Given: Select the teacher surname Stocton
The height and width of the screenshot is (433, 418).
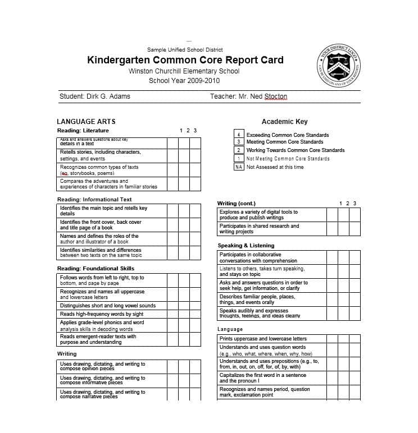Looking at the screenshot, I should [x=275, y=96].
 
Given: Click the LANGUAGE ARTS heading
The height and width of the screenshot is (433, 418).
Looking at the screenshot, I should [x=86, y=121].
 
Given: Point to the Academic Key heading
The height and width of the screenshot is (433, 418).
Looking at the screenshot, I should [x=284, y=121].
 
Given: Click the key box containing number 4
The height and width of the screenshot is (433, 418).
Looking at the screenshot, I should [x=239, y=135].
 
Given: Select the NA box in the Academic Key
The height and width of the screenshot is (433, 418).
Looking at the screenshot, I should [x=239, y=167].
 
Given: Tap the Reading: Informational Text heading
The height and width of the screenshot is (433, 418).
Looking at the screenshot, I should [x=94, y=199].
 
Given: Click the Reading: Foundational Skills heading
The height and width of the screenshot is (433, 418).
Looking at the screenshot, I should [x=96, y=269].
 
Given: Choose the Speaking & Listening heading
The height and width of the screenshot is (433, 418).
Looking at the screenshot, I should [x=246, y=246].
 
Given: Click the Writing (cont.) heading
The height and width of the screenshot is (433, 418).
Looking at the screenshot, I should [x=236, y=203].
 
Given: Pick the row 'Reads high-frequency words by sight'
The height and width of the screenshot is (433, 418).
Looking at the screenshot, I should [x=102, y=314].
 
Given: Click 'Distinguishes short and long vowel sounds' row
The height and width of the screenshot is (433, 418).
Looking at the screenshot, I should [x=108, y=306].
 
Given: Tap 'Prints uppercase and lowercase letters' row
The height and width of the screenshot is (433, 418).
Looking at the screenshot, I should [x=263, y=339].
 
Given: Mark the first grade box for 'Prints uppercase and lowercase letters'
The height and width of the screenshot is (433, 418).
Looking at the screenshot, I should [x=332, y=339].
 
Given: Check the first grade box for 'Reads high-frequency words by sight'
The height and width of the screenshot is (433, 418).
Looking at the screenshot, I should [x=172, y=314].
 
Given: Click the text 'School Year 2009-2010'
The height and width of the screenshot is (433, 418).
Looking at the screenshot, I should [x=184, y=81].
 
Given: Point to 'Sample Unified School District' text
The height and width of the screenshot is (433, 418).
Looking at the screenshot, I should [x=185, y=50].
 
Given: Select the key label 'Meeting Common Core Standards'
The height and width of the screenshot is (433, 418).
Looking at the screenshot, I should [x=285, y=142].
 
